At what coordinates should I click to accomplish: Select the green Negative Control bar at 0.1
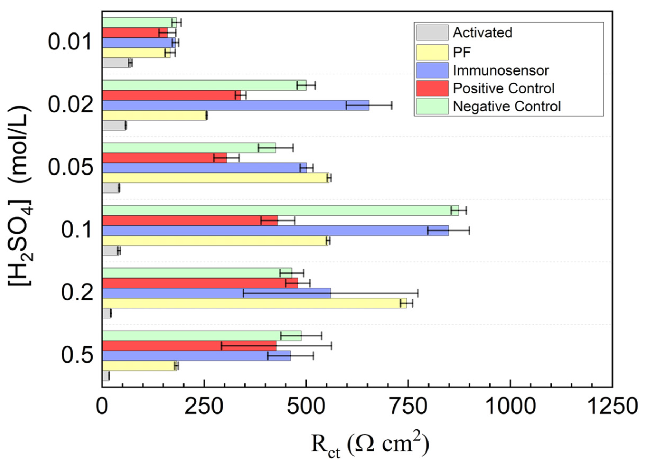[x=280, y=210]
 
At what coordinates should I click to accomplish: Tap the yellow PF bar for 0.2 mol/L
[x=254, y=303]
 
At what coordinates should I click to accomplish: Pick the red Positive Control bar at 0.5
[x=189, y=346]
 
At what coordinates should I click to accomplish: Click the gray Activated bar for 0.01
[x=116, y=63]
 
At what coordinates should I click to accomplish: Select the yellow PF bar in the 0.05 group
[x=215, y=178]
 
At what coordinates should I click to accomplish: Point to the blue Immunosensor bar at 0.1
[x=275, y=230]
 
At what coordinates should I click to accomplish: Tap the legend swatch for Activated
[x=432, y=32]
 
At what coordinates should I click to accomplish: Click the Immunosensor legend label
[x=501, y=70]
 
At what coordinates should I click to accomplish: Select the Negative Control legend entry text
[x=506, y=106]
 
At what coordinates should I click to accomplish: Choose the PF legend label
[x=462, y=52]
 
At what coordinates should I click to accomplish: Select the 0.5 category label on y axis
[x=77, y=355]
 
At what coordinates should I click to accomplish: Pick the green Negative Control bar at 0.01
[x=139, y=22]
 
